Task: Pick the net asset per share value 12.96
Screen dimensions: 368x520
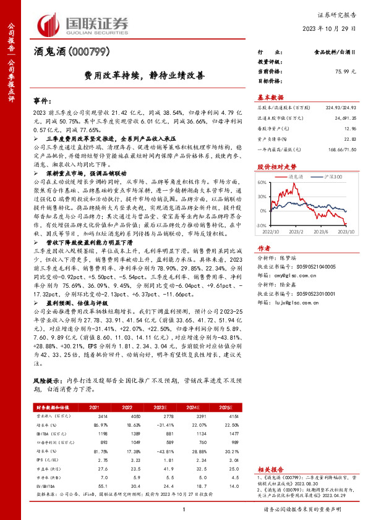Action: (x=350, y=128)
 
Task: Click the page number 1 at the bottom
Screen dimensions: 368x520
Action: (x=184, y=508)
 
